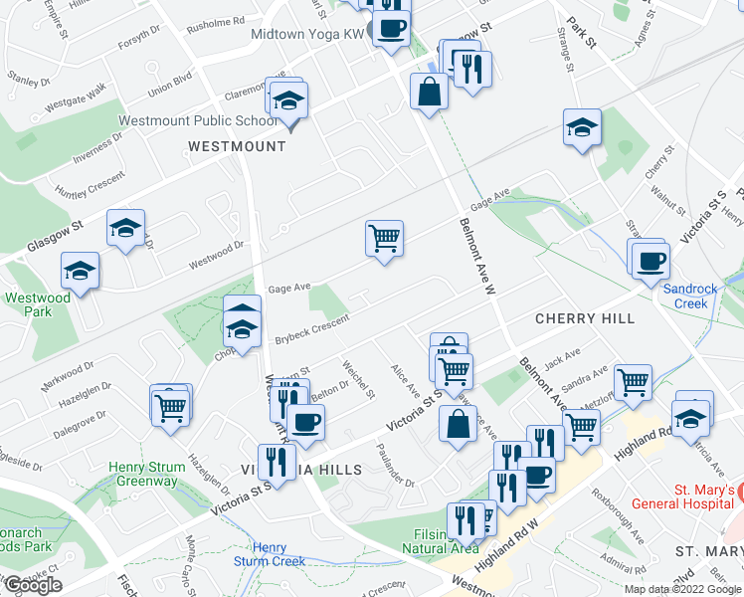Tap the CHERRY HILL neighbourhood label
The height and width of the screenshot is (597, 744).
[584, 318]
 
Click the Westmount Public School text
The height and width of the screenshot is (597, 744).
[197, 121]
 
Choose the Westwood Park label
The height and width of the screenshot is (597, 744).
[37, 305]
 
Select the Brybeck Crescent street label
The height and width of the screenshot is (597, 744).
[312, 328]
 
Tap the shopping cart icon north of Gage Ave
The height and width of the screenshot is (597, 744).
[384, 238]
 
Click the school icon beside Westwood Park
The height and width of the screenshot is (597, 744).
[81, 271]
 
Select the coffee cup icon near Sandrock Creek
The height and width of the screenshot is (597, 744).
[651, 261]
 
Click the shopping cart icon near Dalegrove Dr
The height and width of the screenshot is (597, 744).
[171, 406]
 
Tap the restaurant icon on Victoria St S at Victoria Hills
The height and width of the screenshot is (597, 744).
[277, 462]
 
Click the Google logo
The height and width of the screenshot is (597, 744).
[32, 585]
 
